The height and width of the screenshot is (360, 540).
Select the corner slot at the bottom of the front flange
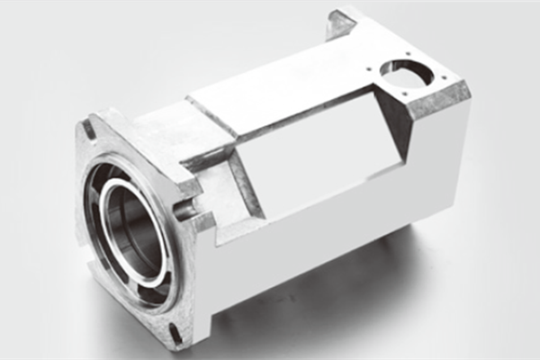(175, 335)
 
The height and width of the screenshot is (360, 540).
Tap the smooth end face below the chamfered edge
(441, 153)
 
